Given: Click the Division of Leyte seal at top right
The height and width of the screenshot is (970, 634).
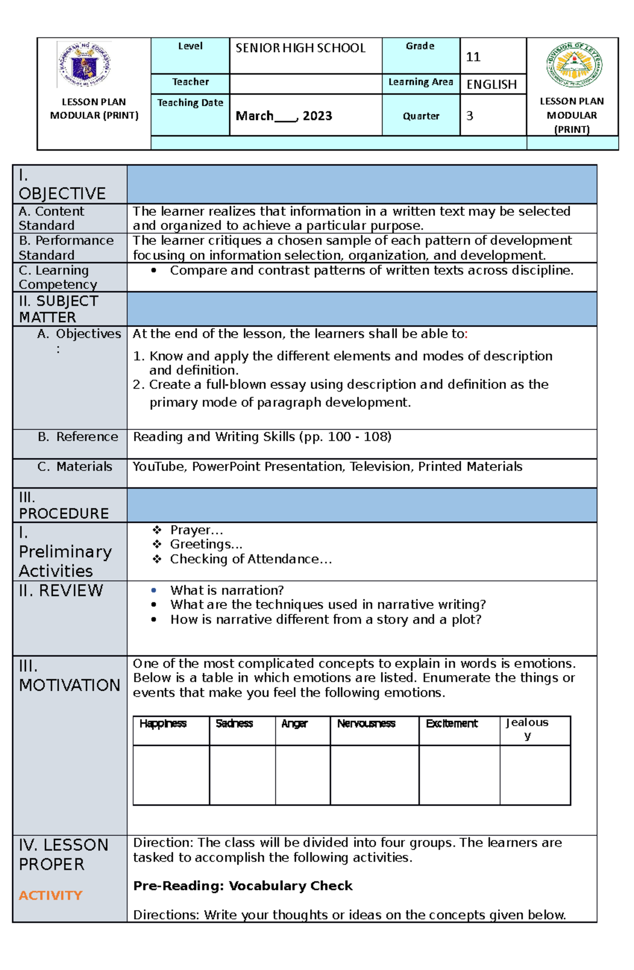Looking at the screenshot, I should (574, 65).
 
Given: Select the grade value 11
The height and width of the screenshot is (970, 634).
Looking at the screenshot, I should (473, 57).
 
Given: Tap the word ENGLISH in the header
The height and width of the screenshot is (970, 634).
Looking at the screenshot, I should (491, 85).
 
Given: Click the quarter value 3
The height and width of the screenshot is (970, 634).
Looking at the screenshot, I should (470, 116).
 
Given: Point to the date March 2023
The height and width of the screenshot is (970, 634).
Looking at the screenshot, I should (284, 116).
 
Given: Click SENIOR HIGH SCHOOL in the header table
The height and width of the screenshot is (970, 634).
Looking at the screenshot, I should (300, 48).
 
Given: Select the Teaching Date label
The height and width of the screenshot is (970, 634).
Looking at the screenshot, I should (190, 103).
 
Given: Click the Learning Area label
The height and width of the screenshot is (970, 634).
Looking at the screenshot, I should (421, 82).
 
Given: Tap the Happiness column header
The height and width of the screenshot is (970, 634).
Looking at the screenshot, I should (163, 723).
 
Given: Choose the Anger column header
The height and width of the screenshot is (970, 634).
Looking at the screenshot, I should (294, 723).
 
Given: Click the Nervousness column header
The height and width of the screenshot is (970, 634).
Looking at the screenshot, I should (366, 723).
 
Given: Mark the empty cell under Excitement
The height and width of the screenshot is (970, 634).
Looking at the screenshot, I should (459, 774).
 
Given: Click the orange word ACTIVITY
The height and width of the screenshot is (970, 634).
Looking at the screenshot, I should (51, 895).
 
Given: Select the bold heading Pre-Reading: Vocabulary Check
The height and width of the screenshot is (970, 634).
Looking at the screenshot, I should (243, 885).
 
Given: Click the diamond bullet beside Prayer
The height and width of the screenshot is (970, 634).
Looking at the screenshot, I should (157, 530).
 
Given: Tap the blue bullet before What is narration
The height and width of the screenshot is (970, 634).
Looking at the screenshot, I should (154, 590).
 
